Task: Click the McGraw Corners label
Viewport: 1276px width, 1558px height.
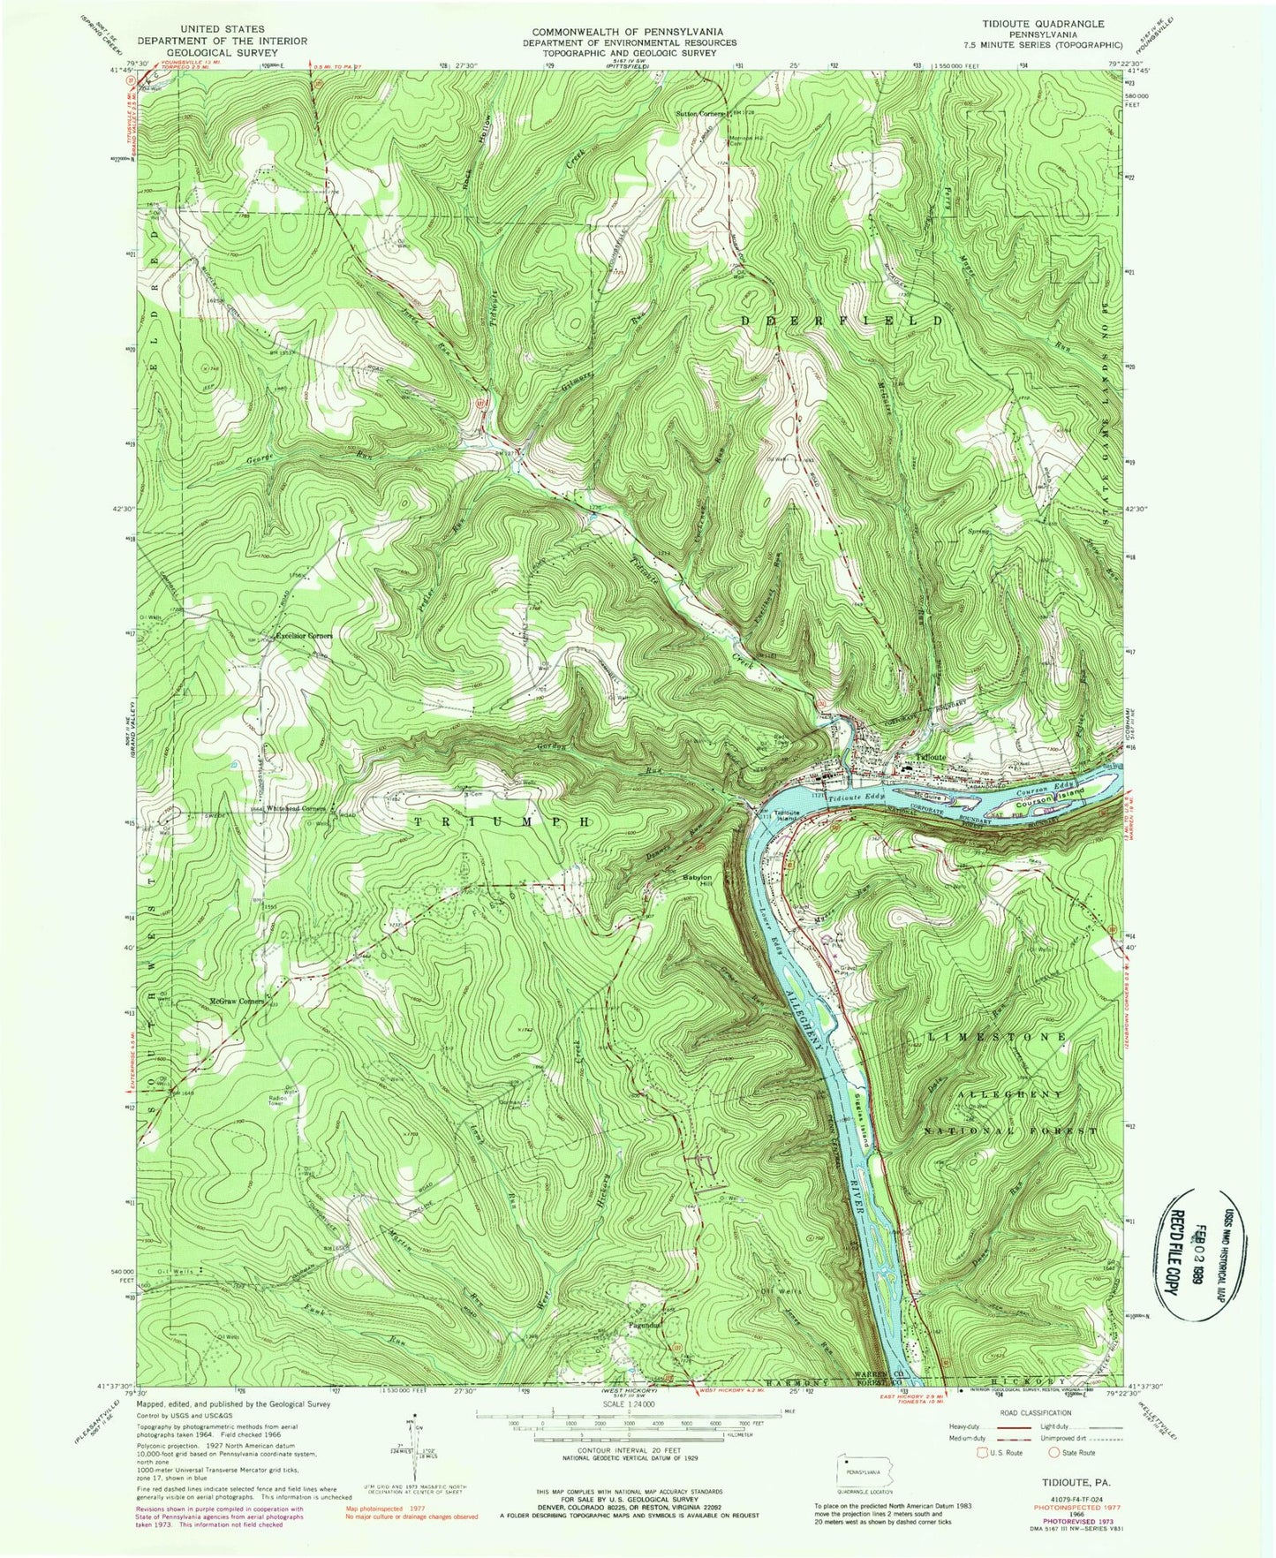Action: point(238,1002)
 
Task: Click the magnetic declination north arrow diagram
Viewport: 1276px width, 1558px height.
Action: point(411,1438)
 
